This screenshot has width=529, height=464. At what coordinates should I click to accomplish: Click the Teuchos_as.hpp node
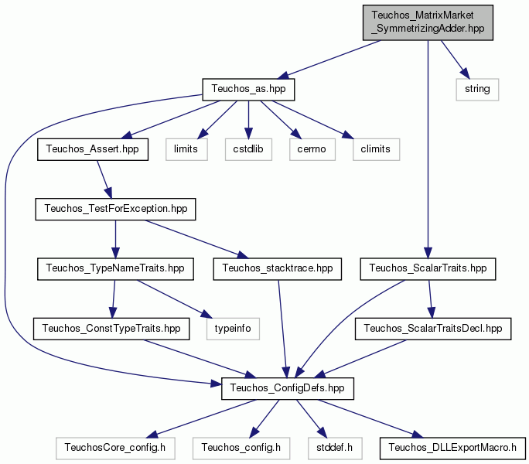tap(248, 90)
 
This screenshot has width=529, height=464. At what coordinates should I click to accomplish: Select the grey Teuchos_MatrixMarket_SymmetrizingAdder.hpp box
tap(428, 22)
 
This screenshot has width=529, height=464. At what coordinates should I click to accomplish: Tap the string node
tap(477, 90)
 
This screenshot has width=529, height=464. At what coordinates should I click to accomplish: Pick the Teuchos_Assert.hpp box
tap(93, 149)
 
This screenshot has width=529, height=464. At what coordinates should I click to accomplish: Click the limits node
tap(186, 149)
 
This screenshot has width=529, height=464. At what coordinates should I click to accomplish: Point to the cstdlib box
tap(248, 149)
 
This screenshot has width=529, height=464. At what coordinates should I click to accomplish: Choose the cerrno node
tap(312, 149)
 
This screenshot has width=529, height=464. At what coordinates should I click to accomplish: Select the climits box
tap(376, 149)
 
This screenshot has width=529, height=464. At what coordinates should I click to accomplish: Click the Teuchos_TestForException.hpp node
tap(115, 210)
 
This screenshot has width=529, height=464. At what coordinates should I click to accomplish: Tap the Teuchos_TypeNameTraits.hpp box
tap(115, 269)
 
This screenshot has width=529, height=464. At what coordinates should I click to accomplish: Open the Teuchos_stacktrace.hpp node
tap(278, 269)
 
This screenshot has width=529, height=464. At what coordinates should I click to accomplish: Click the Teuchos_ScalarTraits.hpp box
tap(428, 269)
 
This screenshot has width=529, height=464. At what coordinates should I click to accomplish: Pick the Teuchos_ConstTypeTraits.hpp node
tap(111, 329)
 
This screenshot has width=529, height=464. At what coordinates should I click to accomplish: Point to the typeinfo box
tap(233, 329)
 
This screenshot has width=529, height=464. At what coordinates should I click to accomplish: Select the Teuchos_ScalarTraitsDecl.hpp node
tap(433, 329)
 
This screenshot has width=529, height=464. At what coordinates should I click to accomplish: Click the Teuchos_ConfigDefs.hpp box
tap(288, 388)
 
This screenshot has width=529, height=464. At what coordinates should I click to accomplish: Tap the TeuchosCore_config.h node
tap(115, 448)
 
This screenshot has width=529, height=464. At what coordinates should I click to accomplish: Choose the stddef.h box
tap(335, 448)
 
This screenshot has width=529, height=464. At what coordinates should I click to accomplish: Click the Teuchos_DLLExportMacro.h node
tap(452, 448)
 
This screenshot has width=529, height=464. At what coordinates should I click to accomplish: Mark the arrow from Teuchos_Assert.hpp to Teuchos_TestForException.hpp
tap(104, 179)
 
